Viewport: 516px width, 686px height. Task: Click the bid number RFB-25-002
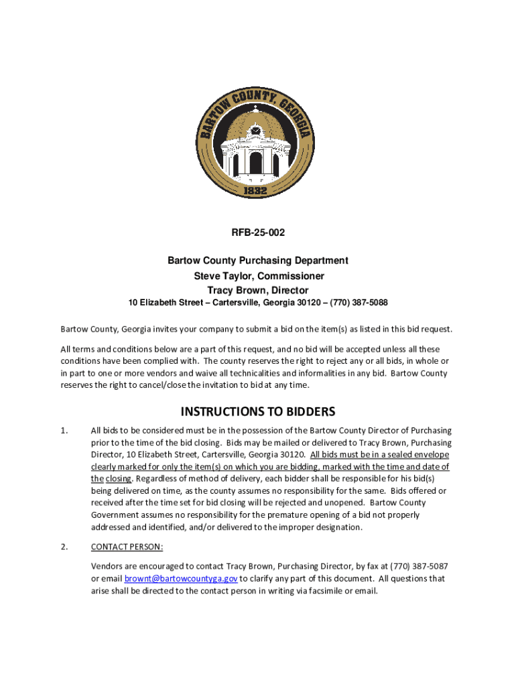[x=258, y=233]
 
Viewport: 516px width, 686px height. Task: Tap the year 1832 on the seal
[x=256, y=191]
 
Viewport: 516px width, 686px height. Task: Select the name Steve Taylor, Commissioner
[x=258, y=276]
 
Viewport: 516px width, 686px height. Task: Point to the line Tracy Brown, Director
[x=258, y=290]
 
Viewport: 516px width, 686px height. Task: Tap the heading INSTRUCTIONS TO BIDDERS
[x=257, y=411]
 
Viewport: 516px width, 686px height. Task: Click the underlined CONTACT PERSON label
[x=127, y=547]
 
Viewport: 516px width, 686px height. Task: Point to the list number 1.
[x=64, y=431]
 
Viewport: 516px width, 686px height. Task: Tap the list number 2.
[x=64, y=547]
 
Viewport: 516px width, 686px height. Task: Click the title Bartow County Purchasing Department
[x=258, y=261]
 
